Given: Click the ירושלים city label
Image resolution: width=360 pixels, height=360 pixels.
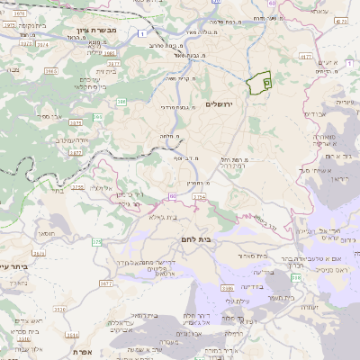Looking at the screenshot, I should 220,105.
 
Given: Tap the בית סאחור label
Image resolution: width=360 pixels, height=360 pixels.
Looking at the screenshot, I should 255,256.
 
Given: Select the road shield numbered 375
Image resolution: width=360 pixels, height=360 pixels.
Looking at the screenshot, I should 96,241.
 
